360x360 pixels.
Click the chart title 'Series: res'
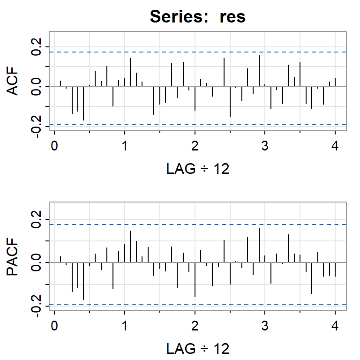pyautogui.click(x=197, y=17)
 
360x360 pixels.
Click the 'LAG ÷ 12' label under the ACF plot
pyautogui.click(x=198, y=169)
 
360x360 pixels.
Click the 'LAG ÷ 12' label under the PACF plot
pyautogui.click(x=198, y=349)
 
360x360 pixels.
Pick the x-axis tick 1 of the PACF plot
pyautogui.click(x=125, y=326)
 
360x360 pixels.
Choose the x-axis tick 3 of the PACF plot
pyautogui.click(x=265, y=326)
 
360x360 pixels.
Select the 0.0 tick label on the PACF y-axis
pyautogui.click(x=37, y=262)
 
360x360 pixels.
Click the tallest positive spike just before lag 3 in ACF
pyautogui.click(x=259, y=71)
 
